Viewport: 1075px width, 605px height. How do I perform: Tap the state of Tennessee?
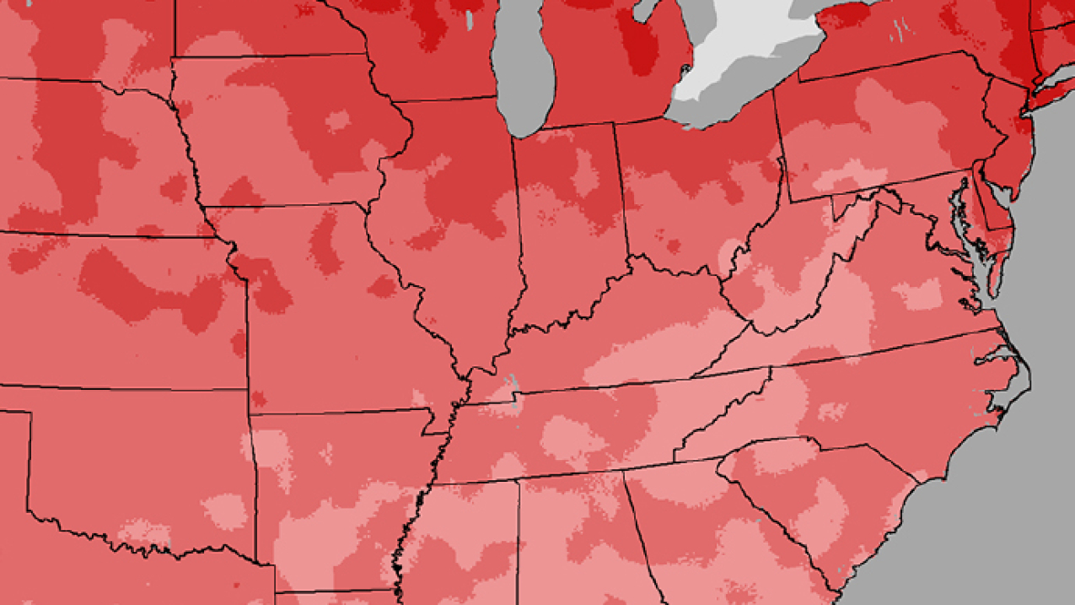(x=590, y=430)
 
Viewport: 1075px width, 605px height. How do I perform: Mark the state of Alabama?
(x=573, y=540)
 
